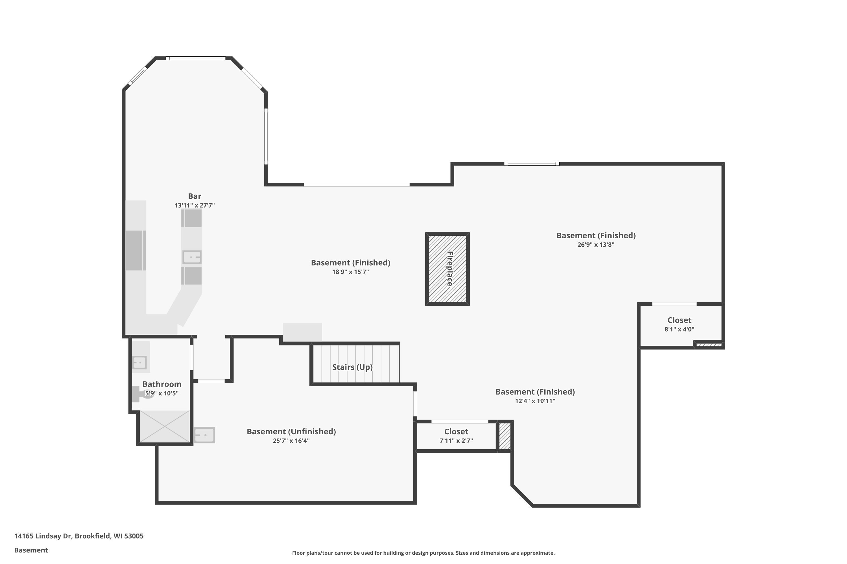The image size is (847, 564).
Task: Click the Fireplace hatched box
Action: (x=447, y=269)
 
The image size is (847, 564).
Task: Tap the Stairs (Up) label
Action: (x=352, y=367)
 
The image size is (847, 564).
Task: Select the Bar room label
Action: (x=195, y=196)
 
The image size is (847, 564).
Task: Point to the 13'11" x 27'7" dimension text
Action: (x=195, y=205)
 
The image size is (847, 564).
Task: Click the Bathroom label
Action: (x=162, y=384)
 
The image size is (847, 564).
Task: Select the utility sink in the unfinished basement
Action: (x=204, y=435)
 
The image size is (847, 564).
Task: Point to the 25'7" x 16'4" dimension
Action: (x=291, y=440)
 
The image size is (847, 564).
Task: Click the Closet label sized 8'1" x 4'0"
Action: (x=679, y=320)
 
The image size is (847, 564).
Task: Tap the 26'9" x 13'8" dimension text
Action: (x=596, y=244)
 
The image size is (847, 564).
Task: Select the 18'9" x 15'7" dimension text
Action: (x=350, y=272)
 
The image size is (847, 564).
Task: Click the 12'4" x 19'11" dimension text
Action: (x=535, y=401)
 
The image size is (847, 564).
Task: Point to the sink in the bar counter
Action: (x=192, y=257)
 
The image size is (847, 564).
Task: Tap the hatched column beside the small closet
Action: (x=505, y=436)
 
